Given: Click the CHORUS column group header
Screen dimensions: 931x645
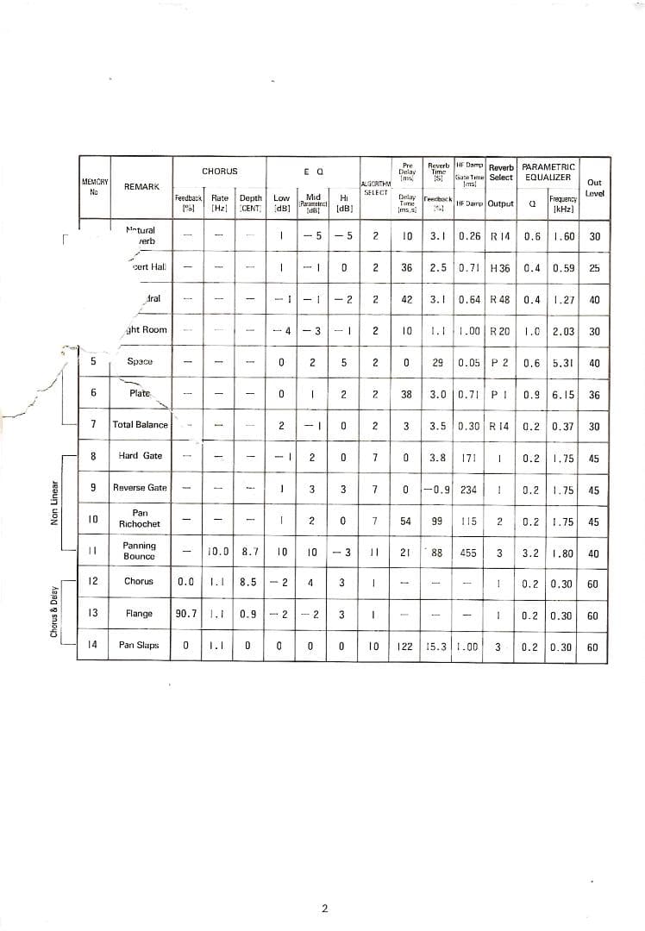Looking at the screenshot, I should (x=219, y=172).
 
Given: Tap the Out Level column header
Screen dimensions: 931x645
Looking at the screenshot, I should (x=594, y=188).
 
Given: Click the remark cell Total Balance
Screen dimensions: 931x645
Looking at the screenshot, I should (x=141, y=425).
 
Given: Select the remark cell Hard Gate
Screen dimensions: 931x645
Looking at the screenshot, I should (x=141, y=456).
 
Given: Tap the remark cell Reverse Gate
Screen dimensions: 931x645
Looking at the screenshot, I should (x=141, y=488).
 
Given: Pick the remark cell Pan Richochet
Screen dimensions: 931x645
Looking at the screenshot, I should (x=141, y=518).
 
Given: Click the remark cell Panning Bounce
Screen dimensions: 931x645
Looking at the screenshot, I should (x=140, y=551).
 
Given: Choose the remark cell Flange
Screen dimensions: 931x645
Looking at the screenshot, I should (x=139, y=614).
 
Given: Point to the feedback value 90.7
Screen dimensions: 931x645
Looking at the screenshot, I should (x=186, y=614).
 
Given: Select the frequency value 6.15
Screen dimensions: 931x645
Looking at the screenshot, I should (x=564, y=394).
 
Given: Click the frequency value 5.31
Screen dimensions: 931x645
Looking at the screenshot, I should (x=564, y=363).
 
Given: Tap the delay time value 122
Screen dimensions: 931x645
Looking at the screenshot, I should (x=405, y=646).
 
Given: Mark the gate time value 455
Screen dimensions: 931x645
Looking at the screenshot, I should (x=469, y=553).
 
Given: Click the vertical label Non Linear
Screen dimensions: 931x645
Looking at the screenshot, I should (x=54, y=503).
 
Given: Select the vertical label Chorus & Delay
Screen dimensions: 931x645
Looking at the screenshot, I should (x=54, y=609).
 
